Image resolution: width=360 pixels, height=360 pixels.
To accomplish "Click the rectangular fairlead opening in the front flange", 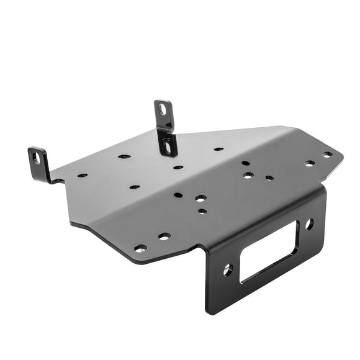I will pyautogui.click(x=268, y=251).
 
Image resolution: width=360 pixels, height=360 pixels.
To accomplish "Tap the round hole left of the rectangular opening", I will pyautogui.click(x=227, y=269).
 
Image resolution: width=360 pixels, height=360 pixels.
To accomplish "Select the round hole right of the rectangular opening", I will pyautogui.click(x=308, y=223).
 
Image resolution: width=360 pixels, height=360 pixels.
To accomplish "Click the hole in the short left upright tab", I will pyautogui.click(x=35, y=158).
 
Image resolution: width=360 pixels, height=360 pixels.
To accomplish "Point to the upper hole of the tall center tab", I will pyautogui.click(x=163, y=110).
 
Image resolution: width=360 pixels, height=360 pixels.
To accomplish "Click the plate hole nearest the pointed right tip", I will pyautogui.click(x=327, y=155).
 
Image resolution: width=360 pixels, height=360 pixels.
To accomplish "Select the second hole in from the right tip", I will pyautogui.click(x=309, y=163).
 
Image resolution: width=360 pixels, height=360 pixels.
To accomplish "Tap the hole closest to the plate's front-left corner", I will pyautogui.click(x=140, y=248).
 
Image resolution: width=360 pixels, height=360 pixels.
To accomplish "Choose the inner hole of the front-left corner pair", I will pyautogui.click(x=164, y=236).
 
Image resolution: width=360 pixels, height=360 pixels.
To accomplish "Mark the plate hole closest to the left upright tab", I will pyautogui.click(x=82, y=175).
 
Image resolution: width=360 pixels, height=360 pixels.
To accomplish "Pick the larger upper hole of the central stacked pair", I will pyautogui.click(x=200, y=199).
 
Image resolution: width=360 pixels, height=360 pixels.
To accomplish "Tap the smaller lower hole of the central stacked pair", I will pyautogui.click(x=202, y=211).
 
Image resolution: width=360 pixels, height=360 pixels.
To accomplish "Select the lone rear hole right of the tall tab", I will pyautogui.click(x=218, y=149).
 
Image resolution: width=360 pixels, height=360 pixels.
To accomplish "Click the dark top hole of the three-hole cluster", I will pyautogui.click(x=246, y=163).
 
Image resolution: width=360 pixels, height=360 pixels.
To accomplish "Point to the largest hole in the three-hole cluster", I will pyautogui.click(x=248, y=175).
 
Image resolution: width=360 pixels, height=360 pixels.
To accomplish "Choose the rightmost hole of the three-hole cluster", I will pyautogui.click(x=269, y=178).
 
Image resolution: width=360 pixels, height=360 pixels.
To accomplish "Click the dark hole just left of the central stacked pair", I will pyautogui.click(x=178, y=195).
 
